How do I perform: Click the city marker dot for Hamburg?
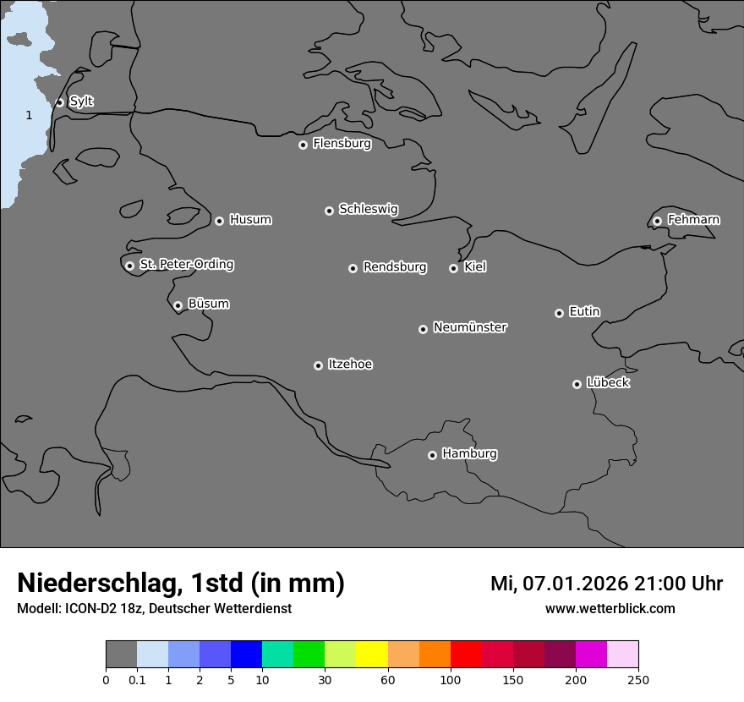pyautogui.click(x=432, y=455)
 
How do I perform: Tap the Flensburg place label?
pyautogui.click(x=342, y=144)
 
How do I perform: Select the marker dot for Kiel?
pyautogui.click(x=453, y=268)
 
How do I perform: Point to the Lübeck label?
pyautogui.click(x=608, y=382)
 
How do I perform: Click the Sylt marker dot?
pyautogui.click(x=60, y=102)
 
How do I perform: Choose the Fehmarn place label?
pyautogui.click(x=693, y=220)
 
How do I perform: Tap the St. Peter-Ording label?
pyautogui.click(x=186, y=264)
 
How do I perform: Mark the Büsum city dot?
pyautogui.click(x=178, y=305)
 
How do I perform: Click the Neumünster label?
pyautogui.click(x=470, y=326)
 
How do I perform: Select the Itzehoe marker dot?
pyautogui.click(x=318, y=365)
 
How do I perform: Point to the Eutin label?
pyautogui.click(x=584, y=311)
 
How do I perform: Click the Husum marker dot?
pyautogui.click(x=219, y=221)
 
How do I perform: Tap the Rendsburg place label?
pyautogui.click(x=395, y=267)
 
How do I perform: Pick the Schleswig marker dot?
pyautogui.click(x=329, y=211)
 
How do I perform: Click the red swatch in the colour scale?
pyautogui.click(x=466, y=655)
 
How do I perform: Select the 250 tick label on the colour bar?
pyautogui.click(x=638, y=679)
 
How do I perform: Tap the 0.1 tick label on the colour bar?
pyautogui.click(x=137, y=679)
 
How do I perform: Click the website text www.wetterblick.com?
pyautogui.click(x=610, y=608)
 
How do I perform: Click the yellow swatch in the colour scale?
pyautogui.click(x=372, y=655)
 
